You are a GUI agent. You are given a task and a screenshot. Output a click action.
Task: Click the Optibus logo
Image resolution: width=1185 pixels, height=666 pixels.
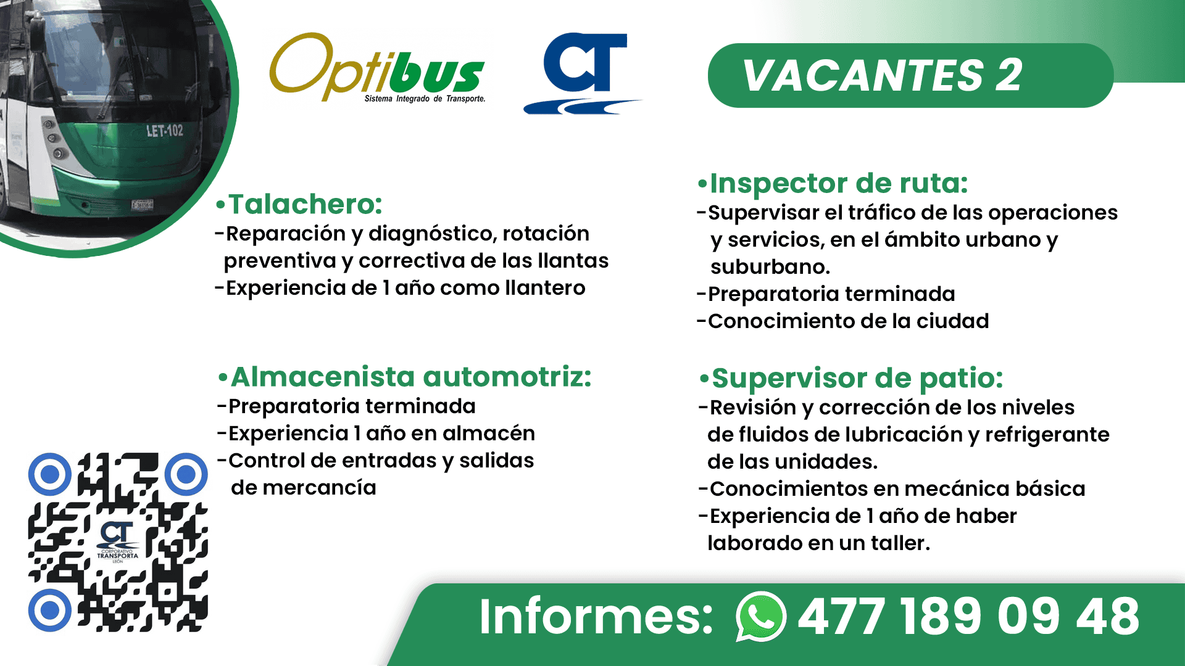[378, 68]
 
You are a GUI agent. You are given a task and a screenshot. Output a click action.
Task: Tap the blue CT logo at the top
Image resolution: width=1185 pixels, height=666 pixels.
[581, 73]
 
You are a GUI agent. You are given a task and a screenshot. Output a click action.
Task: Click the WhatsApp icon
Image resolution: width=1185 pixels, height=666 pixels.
[760, 616]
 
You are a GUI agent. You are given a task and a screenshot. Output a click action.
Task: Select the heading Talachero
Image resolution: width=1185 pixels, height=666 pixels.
[299, 204]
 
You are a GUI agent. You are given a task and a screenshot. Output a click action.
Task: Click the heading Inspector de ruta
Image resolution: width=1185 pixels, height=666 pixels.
[833, 184]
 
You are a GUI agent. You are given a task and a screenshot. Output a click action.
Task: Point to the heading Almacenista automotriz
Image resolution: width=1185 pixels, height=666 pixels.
[405, 377]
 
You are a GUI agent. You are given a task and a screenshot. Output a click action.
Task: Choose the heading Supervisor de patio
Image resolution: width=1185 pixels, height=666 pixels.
[851, 379]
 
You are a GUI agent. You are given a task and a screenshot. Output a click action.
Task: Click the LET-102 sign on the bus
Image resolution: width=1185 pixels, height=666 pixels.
[164, 131]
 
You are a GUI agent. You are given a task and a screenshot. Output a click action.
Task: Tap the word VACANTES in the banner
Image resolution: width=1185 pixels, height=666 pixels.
[863, 76]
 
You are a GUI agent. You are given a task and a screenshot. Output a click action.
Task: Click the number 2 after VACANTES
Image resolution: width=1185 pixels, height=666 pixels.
[1008, 76]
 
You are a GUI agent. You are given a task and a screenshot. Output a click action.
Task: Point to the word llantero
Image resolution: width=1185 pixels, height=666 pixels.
[545, 288]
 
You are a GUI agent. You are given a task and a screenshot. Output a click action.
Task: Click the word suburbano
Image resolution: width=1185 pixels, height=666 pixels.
[770, 267]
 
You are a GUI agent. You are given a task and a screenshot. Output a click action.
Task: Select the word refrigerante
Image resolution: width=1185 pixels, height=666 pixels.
[1047, 435]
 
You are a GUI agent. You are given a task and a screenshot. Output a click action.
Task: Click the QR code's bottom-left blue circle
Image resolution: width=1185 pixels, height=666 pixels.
[50, 610]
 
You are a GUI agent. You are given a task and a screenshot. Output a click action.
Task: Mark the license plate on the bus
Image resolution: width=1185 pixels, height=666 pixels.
[143, 204]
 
